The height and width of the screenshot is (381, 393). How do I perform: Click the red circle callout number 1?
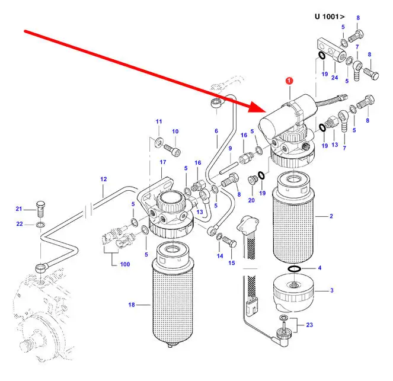(x=289, y=81)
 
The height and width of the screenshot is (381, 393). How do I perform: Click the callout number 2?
(x=331, y=217)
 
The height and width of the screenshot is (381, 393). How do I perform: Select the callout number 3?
(x=319, y=268)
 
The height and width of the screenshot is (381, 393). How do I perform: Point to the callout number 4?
(x=319, y=268)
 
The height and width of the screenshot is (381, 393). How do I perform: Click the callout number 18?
(x=132, y=305)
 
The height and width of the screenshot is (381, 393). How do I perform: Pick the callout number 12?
(x=103, y=178)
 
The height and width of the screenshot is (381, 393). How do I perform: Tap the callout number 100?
(x=124, y=264)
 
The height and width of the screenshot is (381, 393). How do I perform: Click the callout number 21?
(x=18, y=209)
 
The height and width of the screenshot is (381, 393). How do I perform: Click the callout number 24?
(x=334, y=77)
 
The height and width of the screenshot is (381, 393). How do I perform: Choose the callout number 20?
(x=251, y=200)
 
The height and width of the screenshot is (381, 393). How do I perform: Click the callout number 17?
(x=162, y=162)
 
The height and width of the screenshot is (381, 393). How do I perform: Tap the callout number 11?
(x=158, y=121)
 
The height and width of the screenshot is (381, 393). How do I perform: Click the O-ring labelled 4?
(x=293, y=270)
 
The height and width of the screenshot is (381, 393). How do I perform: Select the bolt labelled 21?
(x=41, y=208)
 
